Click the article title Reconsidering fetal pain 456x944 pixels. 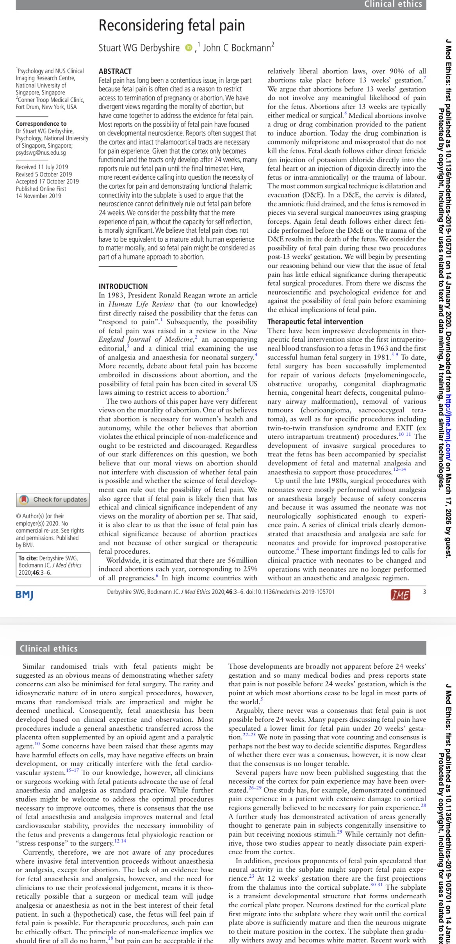pyautogui.click(x=171, y=26)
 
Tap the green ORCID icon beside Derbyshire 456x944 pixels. pyautogui.click(x=189, y=48)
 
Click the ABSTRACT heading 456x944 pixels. pyautogui.click(x=115, y=71)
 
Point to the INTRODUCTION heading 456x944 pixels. pyautogui.click(x=123, y=286)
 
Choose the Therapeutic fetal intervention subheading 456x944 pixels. pyautogui.click(x=315, y=322)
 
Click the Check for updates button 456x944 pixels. pyautogui.click(x=53, y=499)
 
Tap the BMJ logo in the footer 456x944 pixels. pyautogui.click(x=24, y=595)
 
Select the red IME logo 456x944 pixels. pyautogui.click(x=400, y=595)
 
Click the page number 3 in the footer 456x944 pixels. pyautogui.click(x=424, y=592)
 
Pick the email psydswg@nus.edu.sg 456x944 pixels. pyautogui.click(x=41, y=153)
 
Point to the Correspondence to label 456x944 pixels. pyautogui.click(x=41, y=124)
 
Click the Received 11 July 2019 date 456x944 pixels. pyautogui.click(x=42, y=167)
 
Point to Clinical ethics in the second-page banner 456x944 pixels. pyautogui.click(x=49, y=648)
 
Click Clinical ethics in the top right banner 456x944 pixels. pyautogui.click(x=393, y=4)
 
